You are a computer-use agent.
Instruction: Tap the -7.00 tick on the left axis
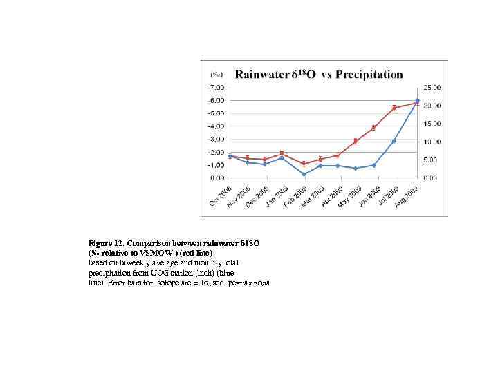coord(216,88)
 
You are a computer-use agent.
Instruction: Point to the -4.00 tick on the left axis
coord(216,126)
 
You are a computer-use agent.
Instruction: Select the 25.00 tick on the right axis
coord(432,88)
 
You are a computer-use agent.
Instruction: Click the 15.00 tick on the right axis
coord(432,124)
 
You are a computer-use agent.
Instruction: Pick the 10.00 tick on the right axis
coord(432,142)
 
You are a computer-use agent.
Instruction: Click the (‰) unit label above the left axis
coord(216,75)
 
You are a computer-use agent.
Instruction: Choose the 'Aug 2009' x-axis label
coord(407,195)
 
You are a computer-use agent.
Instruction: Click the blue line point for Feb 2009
coord(304,174)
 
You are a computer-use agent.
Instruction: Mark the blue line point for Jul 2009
coord(394,141)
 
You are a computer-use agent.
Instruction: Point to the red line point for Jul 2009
coord(394,108)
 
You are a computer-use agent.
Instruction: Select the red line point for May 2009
coord(356,141)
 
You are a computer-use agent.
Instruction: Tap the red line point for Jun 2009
coord(374,128)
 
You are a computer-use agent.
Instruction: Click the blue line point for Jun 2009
coord(374,165)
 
